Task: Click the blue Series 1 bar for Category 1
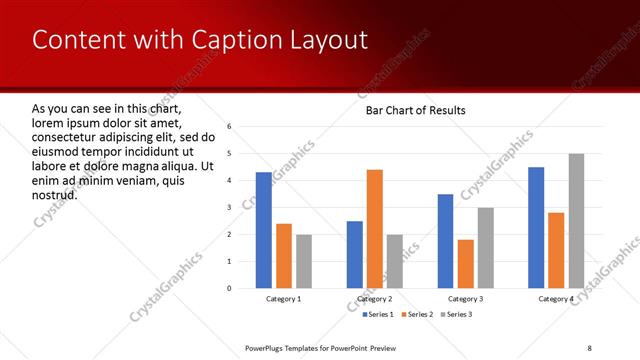(263, 230)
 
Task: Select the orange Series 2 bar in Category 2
(375, 229)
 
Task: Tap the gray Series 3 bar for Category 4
(576, 221)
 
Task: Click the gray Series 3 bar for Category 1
(304, 261)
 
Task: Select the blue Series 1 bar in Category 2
(355, 254)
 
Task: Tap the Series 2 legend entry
(418, 314)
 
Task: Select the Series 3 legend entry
(456, 314)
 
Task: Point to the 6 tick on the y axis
(230, 127)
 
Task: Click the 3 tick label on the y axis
(230, 207)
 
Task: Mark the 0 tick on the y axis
(230, 288)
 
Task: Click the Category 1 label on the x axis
(283, 299)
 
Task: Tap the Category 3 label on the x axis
(465, 299)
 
